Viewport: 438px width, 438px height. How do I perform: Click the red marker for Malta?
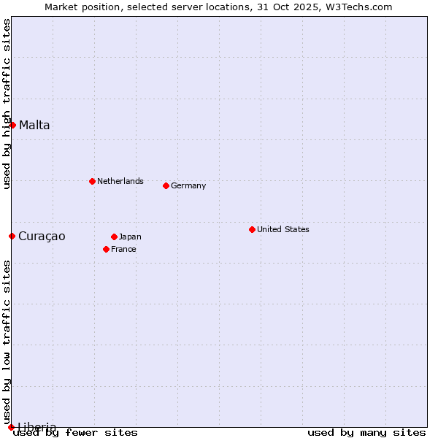[12, 125]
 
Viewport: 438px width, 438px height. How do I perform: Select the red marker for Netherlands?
[92, 181]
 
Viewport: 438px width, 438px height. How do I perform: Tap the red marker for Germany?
[166, 185]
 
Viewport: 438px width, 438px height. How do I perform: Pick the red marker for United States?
[252, 229]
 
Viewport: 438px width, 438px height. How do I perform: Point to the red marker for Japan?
[114, 237]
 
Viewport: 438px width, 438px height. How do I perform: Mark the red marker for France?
[106, 249]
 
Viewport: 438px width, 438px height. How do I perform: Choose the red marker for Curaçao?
[12, 236]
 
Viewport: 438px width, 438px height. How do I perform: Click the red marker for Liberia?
[11, 427]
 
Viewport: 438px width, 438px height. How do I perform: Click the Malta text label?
[34, 125]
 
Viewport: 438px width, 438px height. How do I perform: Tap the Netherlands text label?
[120, 181]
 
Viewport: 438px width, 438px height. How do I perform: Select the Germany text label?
[188, 185]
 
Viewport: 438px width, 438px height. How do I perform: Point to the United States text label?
[283, 229]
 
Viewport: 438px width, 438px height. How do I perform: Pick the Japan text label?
[130, 237]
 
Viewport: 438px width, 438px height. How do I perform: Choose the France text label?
[123, 249]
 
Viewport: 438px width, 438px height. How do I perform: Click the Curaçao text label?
[42, 236]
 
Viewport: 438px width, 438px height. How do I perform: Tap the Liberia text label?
[36, 426]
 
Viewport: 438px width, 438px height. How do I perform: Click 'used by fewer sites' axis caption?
[76, 433]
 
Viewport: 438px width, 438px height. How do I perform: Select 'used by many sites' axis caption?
[366, 433]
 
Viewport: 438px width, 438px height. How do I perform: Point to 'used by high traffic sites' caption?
[7, 104]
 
